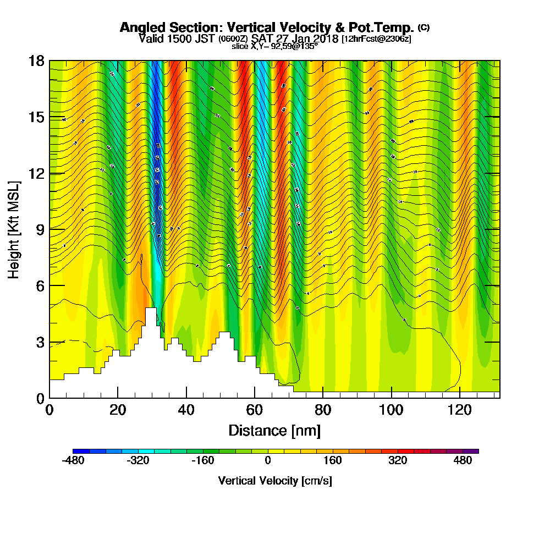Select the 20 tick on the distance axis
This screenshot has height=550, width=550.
tap(118, 410)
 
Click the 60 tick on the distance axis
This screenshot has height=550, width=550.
tap(255, 410)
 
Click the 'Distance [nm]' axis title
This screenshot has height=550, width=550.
tap(274, 430)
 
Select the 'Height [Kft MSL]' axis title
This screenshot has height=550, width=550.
tap(14, 229)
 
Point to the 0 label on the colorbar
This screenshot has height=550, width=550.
tap(268, 461)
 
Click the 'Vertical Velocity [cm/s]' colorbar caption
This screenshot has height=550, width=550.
tap(274, 481)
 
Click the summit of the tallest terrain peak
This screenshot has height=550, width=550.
tap(151, 309)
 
